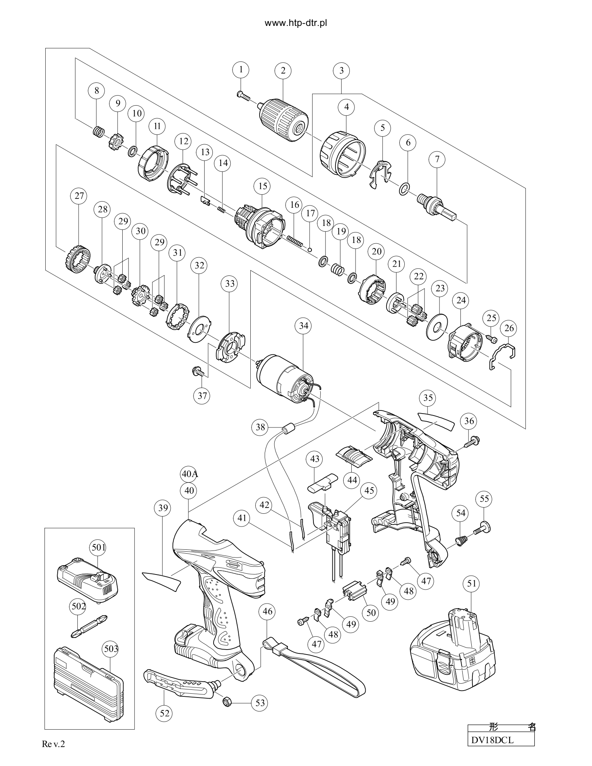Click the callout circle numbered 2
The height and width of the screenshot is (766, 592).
pyautogui.click(x=283, y=70)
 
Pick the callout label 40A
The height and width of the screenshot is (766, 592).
pyautogui.click(x=190, y=474)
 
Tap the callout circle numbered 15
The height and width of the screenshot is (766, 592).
pyautogui.click(x=263, y=186)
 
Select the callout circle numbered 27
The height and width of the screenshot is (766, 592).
pyautogui.click(x=79, y=196)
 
